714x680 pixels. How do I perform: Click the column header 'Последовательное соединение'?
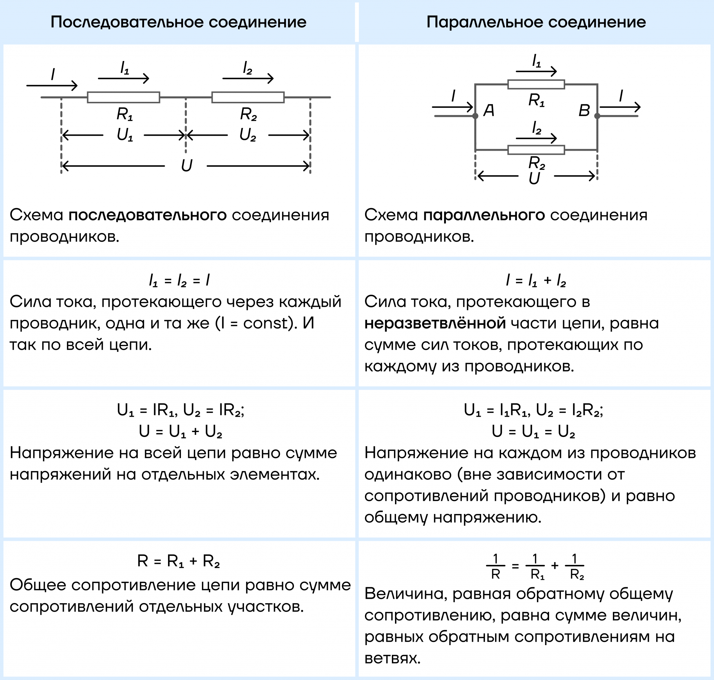tap(178, 22)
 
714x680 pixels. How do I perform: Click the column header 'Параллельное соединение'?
tap(536, 22)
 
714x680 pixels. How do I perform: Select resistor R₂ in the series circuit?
tap(248, 97)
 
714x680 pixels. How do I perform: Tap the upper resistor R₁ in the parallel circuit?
tap(536, 84)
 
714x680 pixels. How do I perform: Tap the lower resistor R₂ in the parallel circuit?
tap(536, 150)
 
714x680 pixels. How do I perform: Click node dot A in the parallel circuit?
tap(475, 116)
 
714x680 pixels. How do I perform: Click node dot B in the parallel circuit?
tap(597, 116)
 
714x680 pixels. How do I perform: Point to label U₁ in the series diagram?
tap(124, 135)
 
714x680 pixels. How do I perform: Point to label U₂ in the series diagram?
tap(248, 135)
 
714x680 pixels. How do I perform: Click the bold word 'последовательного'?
tap(147, 215)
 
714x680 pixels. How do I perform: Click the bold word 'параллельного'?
tap(484, 215)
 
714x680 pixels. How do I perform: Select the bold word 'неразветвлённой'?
tap(435, 323)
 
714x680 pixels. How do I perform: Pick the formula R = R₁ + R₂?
tap(178, 561)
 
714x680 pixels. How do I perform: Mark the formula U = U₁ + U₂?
tap(180, 432)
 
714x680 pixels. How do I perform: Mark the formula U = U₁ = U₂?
tap(533, 432)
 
